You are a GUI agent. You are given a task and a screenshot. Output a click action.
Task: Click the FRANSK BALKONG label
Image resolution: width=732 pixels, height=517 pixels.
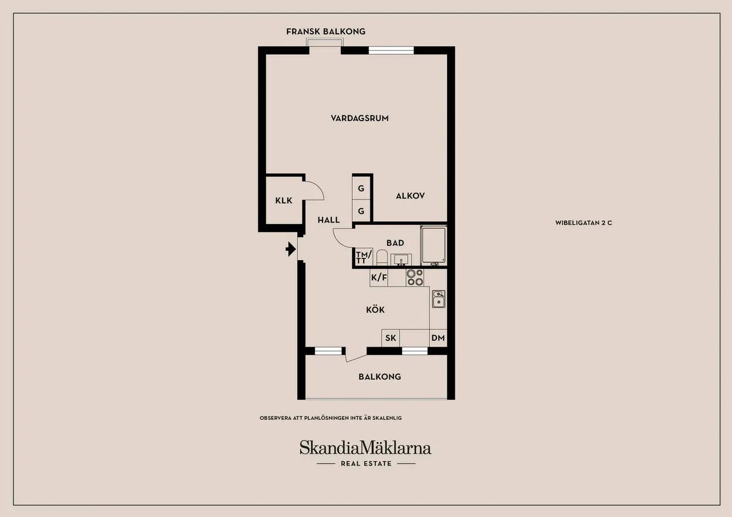pyautogui.click(x=326, y=31)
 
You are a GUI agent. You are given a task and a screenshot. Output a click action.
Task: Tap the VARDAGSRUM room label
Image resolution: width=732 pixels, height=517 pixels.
pyautogui.click(x=360, y=118)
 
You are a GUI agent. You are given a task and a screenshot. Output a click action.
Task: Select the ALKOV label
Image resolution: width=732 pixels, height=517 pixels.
pyautogui.click(x=410, y=196)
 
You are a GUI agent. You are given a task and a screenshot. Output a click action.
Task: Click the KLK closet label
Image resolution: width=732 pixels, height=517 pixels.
pyautogui.click(x=284, y=200)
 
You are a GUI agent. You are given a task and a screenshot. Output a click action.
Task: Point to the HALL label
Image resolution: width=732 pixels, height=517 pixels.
pyautogui.click(x=329, y=220)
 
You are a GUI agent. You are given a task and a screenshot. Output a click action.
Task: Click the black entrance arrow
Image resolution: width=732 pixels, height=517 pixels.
pyautogui.click(x=291, y=249)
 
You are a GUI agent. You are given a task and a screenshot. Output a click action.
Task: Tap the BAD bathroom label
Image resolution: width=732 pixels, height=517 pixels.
pyautogui.click(x=395, y=243)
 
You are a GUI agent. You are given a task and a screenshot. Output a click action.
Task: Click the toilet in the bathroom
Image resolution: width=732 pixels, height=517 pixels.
pyautogui.click(x=381, y=257)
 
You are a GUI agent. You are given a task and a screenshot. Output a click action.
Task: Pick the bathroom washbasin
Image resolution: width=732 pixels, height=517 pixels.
pyautogui.click(x=401, y=260)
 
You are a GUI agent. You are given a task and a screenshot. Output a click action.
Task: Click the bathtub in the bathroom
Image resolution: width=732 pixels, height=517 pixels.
pyautogui.click(x=433, y=245)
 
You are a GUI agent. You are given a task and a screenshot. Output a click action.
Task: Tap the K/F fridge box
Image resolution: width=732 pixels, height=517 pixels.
pyautogui.click(x=379, y=278)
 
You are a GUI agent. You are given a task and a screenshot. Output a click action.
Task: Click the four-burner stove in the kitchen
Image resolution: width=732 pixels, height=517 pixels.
pyautogui.click(x=415, y=278)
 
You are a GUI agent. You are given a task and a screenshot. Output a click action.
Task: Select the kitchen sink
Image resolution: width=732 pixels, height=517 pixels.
pyautogui.click(x=439, y=299)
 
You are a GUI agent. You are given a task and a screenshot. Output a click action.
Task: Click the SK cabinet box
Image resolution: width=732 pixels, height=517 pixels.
pyautogui.click(x=391, y=338)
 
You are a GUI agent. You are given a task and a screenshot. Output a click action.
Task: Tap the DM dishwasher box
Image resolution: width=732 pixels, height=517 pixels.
pyautogui.click(x=438, y=338)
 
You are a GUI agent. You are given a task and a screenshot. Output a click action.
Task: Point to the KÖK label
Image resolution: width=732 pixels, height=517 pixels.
pyautogui.click(x=375, y=309)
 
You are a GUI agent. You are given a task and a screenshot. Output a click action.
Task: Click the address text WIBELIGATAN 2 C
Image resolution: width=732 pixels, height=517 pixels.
pyautogui.click(x=584, y=223)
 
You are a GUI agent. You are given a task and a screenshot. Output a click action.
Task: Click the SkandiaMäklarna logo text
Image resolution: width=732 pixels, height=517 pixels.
pyautogui.click(x=365, y=447)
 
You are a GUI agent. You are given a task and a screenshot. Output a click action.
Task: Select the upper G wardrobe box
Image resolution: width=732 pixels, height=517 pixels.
pyautogui.click(x=361, y=188)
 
